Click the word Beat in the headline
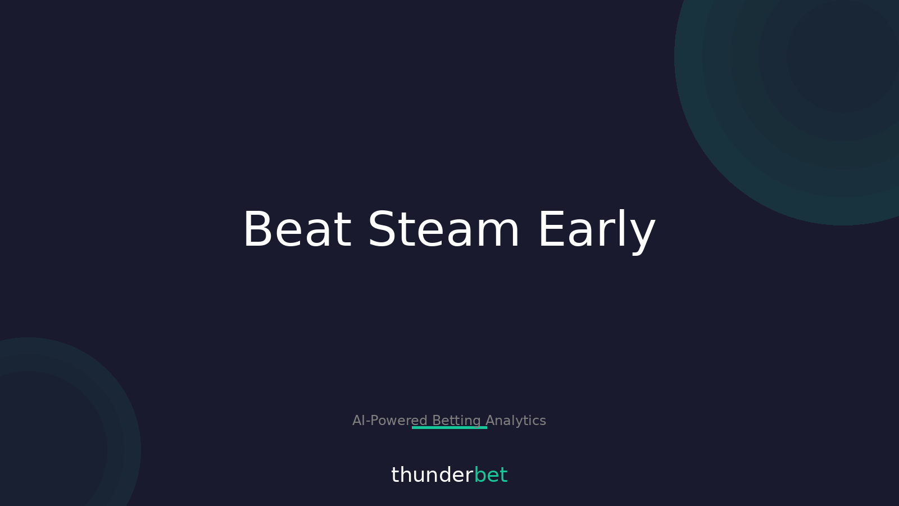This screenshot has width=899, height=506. tap(297, 229)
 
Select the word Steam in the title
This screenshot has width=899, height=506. tap(443, 229)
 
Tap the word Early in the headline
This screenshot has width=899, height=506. tap(596, 229)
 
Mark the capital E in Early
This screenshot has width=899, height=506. tap(551, 229)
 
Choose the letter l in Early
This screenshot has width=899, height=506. tap(625, 228)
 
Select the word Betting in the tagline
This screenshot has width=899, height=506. tap(456, 421)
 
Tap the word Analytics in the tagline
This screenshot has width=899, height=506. tap(516, 421)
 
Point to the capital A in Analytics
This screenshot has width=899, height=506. tap(489, 421)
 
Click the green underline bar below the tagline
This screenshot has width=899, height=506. tap(449, 428)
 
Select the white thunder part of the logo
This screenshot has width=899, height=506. tap(432, 475)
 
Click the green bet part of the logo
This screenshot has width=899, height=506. tap(491, 475)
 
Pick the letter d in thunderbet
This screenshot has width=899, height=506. tap(443, 475)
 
